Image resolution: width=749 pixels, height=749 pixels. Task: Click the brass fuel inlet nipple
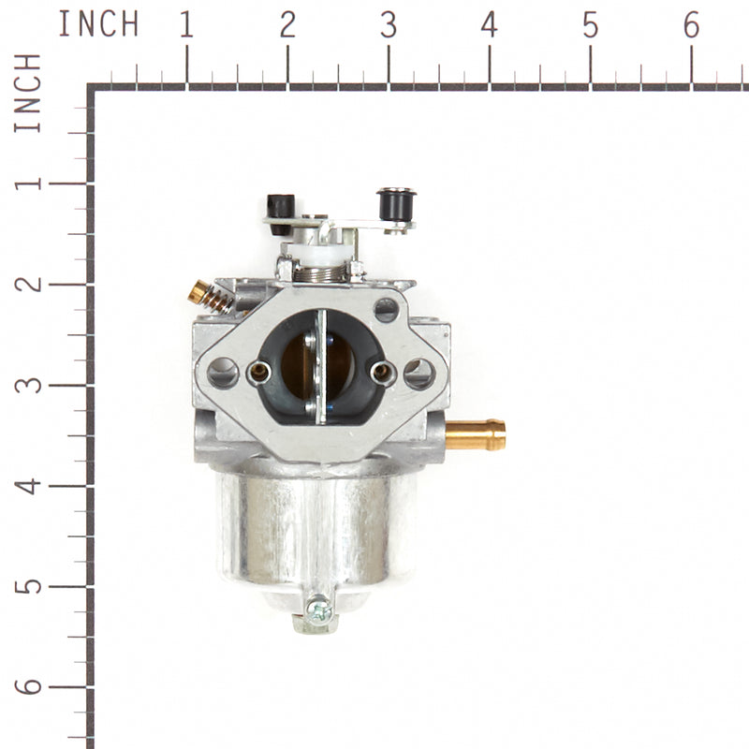[x=477, y=434]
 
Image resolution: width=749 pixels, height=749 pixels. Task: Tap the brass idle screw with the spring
[x=208, y=297]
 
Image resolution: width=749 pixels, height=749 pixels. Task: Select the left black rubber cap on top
[x=281, y=209]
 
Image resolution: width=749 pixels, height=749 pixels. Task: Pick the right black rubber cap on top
[x=396, y=203]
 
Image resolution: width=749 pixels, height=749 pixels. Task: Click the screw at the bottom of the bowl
[x=318, y=611]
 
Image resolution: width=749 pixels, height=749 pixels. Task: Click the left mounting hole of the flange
[x=223, y=373]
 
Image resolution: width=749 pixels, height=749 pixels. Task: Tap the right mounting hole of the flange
[x=419, y=374]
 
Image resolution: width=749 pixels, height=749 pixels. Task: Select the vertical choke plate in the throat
[x=320, y=365]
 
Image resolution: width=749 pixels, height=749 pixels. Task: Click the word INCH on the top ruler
[x=98, y=24]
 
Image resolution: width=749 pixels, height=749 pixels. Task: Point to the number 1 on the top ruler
[x=186, y=25]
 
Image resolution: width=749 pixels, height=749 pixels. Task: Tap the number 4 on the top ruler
[x=489, y=25]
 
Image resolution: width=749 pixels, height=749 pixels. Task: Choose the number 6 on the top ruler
[x=691, y=25]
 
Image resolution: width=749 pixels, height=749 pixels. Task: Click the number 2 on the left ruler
[x=31, y=284]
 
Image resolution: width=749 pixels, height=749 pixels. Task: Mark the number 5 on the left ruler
[x=31, y=586]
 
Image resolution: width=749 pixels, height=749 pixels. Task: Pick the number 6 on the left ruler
[x=31, y=687]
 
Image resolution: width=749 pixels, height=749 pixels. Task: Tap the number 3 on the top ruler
[x=388, y=25]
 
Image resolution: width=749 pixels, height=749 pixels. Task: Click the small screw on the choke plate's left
[x=259, y=372]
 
